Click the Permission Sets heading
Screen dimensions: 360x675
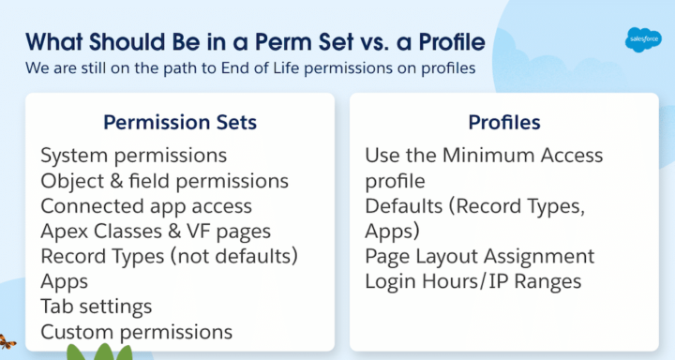[180, 123]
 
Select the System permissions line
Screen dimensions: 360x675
[134, 154]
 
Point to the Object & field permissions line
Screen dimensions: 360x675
[165, 179]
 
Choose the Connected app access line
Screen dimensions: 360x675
[146, 204]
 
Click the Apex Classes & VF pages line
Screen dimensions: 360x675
[157, 230]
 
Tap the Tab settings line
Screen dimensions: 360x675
[97, 306]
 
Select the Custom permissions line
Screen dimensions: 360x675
[137, 331]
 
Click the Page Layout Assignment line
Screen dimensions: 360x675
[480, 256]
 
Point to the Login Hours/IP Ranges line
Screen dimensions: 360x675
[473, 281]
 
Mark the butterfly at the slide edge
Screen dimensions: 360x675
[7, 343]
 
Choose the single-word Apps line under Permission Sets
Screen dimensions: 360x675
[64, 280]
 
